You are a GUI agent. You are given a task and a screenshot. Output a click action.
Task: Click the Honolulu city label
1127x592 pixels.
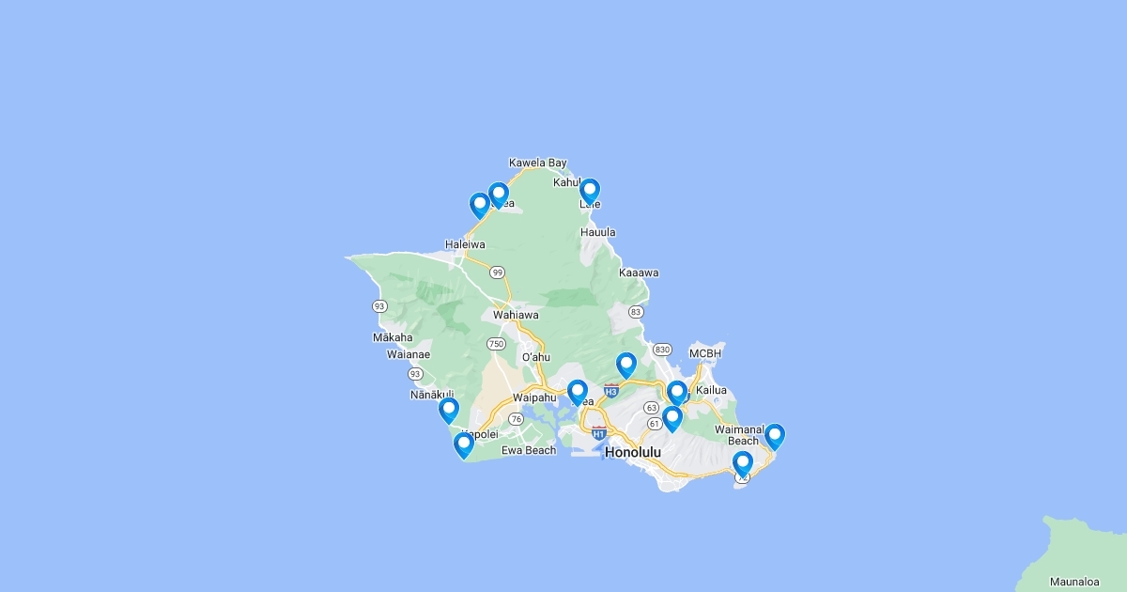pos(633,452)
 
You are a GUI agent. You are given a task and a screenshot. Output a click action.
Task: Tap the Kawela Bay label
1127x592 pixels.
pos(538,163)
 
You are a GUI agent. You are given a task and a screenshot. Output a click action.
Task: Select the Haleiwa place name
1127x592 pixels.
pos(465,244)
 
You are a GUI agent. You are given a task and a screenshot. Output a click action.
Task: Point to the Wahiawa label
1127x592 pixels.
pos(516,315)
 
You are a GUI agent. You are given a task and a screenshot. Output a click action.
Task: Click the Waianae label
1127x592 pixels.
pos(409,354)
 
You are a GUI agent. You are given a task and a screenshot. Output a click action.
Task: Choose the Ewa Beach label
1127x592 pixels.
pos(529,450)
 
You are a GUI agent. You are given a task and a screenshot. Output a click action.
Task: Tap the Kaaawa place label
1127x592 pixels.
pos(639,273)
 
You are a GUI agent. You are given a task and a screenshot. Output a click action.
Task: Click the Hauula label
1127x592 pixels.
pos(598,232)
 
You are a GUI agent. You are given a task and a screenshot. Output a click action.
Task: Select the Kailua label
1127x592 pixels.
pos(712,390)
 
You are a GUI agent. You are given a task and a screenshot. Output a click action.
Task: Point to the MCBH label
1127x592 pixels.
pos(705,353)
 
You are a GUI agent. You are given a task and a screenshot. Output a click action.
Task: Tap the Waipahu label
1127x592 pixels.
pos(536,397)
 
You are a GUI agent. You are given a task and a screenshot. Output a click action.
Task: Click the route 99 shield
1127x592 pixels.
pos(497,272)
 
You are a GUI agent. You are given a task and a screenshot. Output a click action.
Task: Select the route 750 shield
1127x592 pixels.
pos(496,344)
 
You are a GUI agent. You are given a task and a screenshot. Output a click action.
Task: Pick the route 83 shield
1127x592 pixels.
pos(636,312)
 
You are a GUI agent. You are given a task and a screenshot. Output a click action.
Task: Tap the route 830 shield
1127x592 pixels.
pos(663,350)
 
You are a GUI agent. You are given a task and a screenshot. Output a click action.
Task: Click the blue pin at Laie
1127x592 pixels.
pos(589,191)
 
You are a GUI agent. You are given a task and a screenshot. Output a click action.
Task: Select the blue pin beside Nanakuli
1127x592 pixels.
pos(449,410)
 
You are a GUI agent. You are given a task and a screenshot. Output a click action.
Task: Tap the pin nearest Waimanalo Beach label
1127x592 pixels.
pos(774,436)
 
